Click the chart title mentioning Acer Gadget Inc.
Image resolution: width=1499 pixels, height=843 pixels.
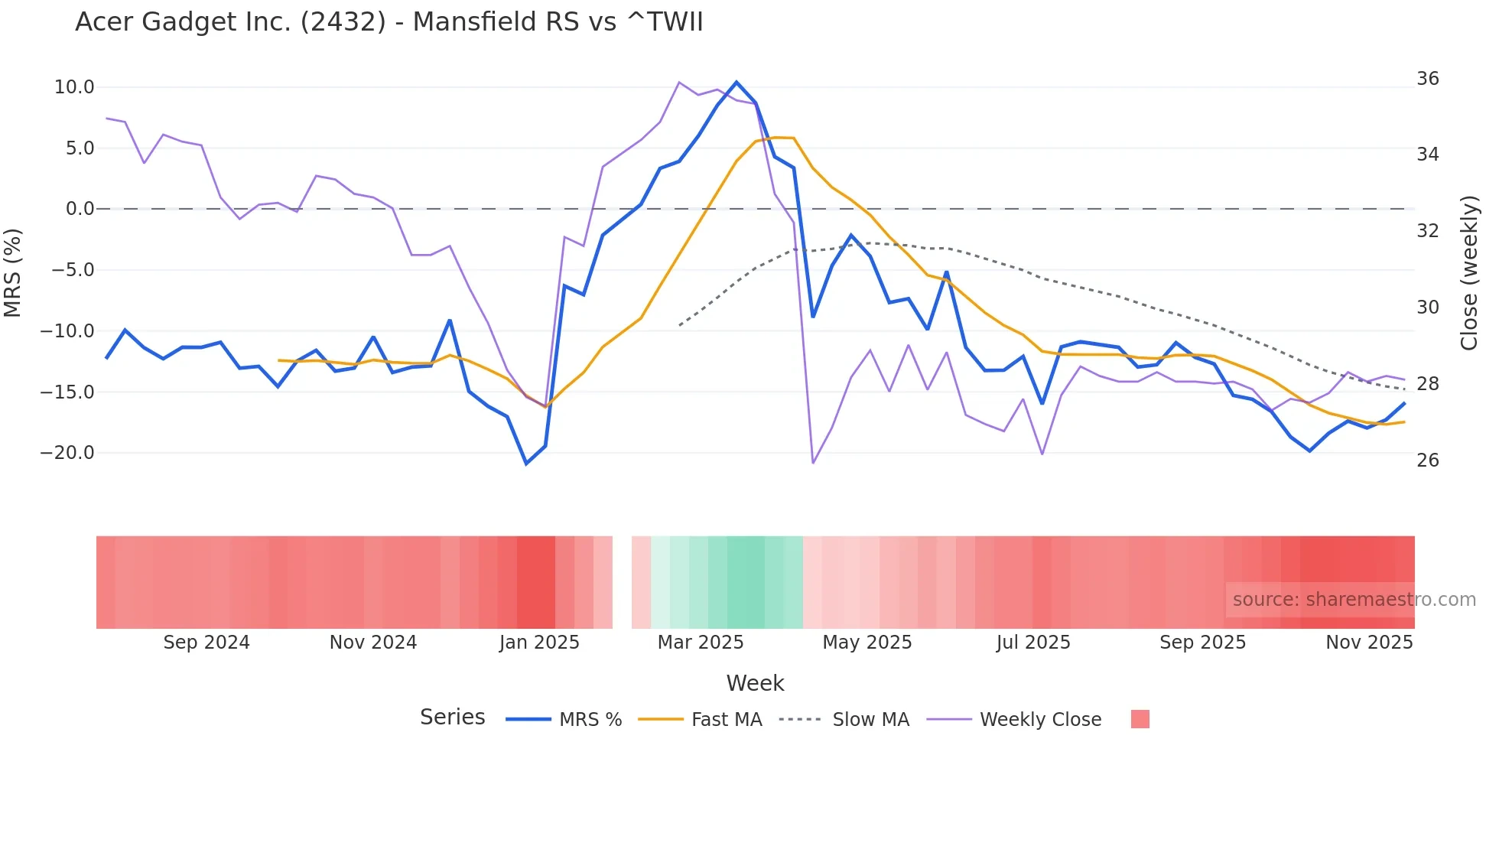pyautogui.click(x=389, y=22)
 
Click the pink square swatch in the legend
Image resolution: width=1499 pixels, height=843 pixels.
pyautogui.click(x=1140, y=719)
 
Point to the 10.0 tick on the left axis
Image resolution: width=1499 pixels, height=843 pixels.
pyautogui.click(x=74, y=87)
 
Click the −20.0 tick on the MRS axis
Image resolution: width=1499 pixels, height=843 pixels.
pyautogui.click(x=67, y=453)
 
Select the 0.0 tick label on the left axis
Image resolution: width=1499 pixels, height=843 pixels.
pyautogui.click(x=80, y=209)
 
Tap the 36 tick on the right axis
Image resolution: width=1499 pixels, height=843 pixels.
pyautogui.click(x=1427, y=79)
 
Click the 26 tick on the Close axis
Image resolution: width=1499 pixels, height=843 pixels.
pyautogui.click(x=1427, y=461)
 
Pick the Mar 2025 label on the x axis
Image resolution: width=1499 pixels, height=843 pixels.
pyautogui.click(x=701, y=643)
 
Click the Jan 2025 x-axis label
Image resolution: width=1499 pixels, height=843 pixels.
pyautogui.click(x=539, y=643)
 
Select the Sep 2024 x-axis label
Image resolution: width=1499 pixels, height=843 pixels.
pyautogui.click(x=206, y=643)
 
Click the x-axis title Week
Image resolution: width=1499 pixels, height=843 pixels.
pyautogui.click(x=755, y=683)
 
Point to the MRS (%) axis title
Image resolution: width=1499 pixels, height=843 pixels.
pyautogui.click(x=13, y=272)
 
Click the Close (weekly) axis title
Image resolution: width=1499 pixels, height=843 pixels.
pyautogui.click(x=1469, y=272)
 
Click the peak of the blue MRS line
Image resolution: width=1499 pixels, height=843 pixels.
pyautogui.click(x=736, y=82)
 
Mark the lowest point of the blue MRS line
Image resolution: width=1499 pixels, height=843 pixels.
pyautogui.click(x=526, y=464)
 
